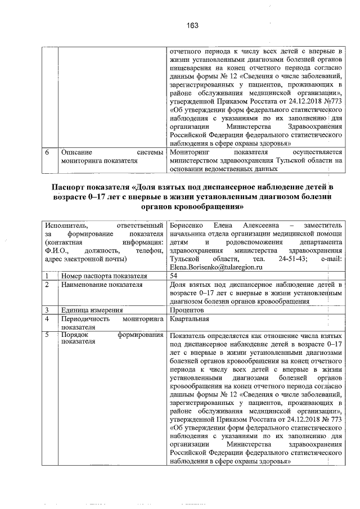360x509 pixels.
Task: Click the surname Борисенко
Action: coord(188,226)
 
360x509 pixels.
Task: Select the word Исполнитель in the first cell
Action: coord(66,226)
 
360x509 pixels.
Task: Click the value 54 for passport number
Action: coord(174,277)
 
